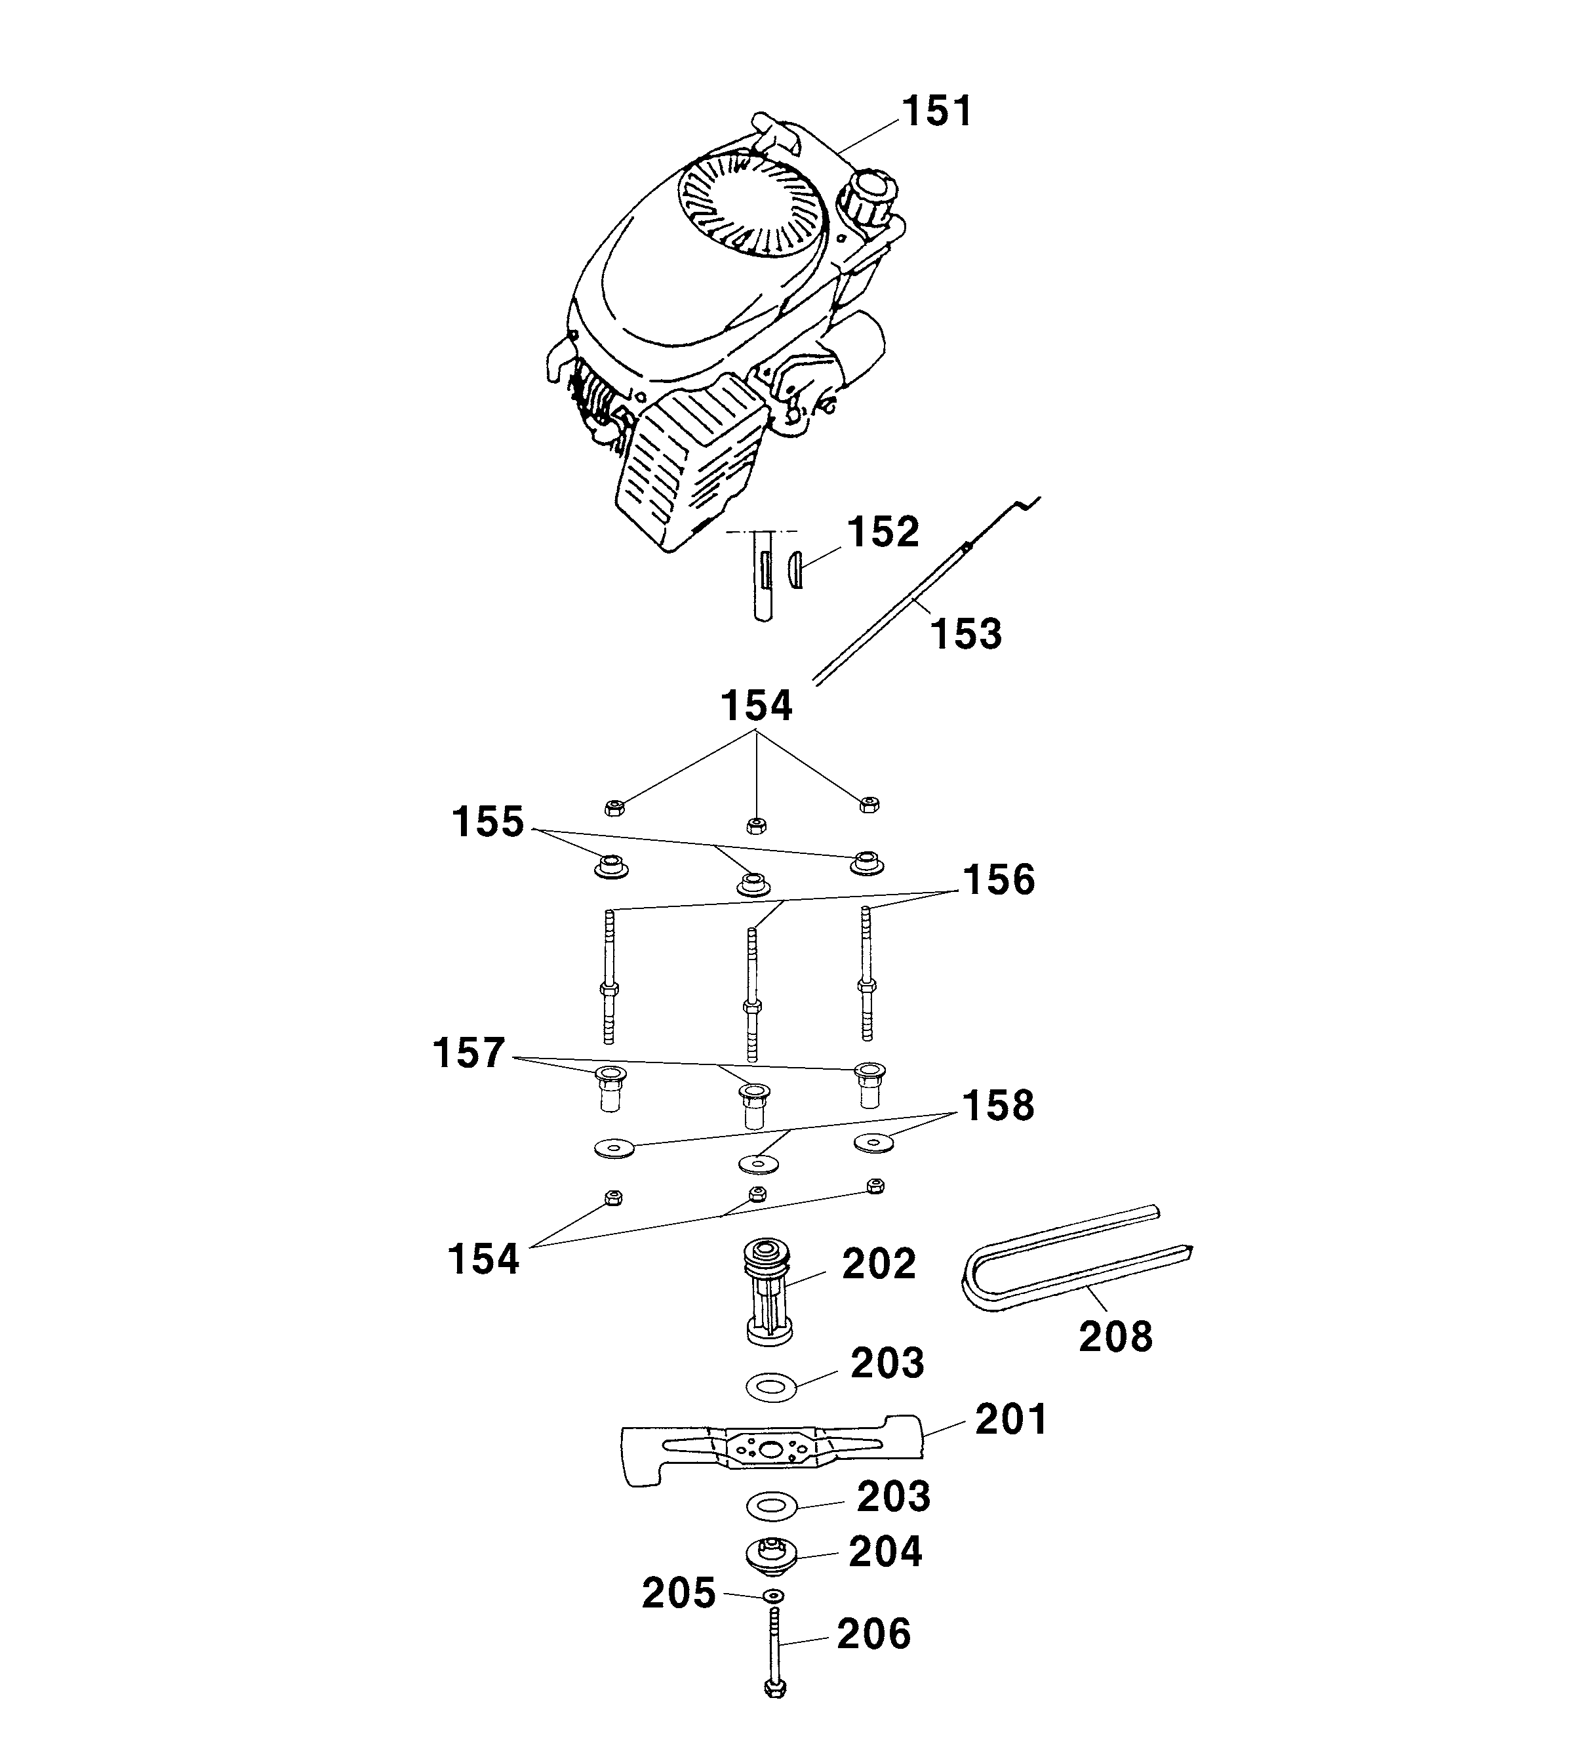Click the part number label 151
(937, 112)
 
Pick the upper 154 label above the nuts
(757, 706)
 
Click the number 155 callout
(488, 822)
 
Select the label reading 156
(999, 879)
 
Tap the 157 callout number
(468, 1054)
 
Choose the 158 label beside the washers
(999, 1106)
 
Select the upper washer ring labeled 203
(771, 1388)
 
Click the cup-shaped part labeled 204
(771, 1556)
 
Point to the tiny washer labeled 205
(774, 1594)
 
